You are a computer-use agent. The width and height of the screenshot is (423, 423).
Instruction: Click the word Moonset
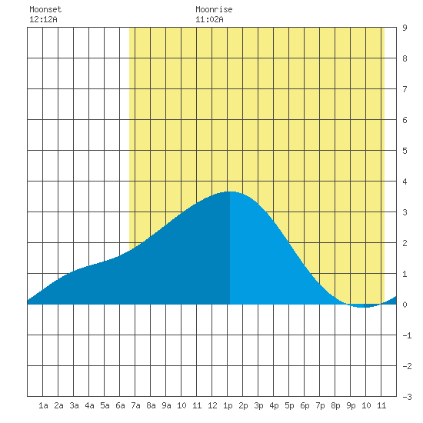pos(45,9)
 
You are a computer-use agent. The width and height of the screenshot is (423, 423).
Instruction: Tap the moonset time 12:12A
pos(43,19)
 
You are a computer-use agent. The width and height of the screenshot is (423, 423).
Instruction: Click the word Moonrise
pos(214,9)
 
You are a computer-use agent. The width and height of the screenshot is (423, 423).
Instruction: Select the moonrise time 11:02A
pos(209,19)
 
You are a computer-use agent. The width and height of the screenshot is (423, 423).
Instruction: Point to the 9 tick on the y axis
pos(405,28)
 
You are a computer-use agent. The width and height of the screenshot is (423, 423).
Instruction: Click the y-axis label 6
pos(405,120)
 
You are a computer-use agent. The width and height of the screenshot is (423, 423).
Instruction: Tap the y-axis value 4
pos(405,182)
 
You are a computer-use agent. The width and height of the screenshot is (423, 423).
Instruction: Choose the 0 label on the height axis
pos(405,305)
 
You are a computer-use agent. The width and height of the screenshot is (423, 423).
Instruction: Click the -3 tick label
pos(407,397)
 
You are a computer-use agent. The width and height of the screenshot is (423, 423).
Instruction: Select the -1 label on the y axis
pos(407,335)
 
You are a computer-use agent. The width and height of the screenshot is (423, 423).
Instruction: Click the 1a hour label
pos(43,405)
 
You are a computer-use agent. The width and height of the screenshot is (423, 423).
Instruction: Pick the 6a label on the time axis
pos(120,405)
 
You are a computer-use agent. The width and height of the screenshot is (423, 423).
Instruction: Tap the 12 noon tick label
pos(212,405)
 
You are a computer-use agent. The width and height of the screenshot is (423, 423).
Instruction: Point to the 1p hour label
pos(228,405)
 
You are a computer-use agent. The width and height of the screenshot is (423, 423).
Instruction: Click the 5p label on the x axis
pos(289,405)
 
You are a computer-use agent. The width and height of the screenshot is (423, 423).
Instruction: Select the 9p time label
pos(351,405)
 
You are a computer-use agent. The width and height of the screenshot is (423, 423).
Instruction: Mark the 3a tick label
pos(74,405)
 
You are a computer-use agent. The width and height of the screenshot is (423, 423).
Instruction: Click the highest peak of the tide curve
pos(230,192)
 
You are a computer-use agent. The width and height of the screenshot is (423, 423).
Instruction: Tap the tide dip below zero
pos(364,306)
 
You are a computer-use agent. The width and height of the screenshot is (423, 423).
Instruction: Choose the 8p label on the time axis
pos(335,405)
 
